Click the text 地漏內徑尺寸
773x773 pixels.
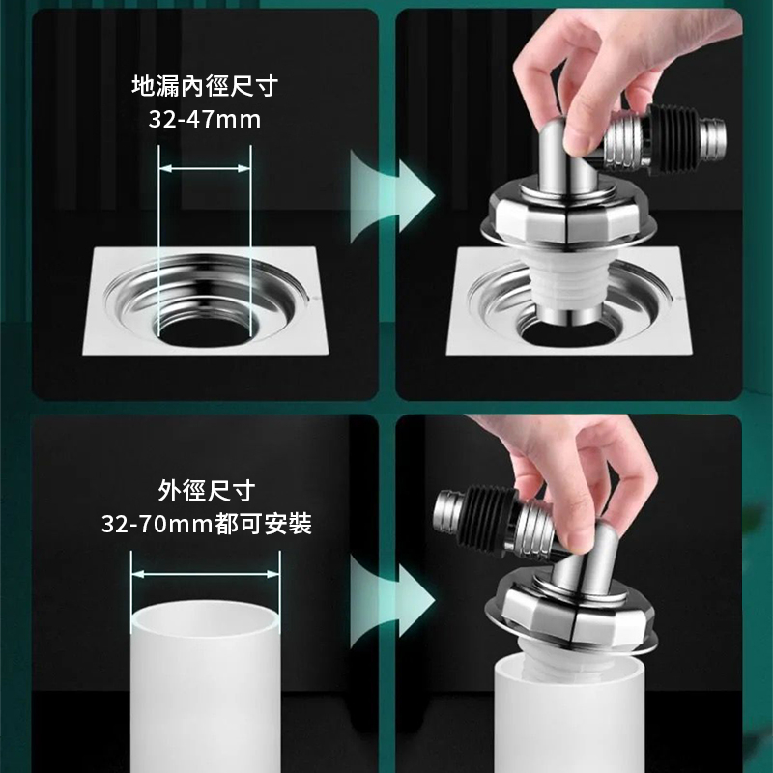point(205,85)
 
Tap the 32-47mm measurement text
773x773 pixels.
point(205,119)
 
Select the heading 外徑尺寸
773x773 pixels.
point(207,490)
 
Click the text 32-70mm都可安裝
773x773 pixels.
point(207,523)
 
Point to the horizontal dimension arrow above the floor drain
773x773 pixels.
point(205,168)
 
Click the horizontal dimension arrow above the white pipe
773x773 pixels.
point(205,574)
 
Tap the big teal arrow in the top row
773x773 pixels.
point(392,196)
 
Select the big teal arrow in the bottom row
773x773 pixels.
point(392,601)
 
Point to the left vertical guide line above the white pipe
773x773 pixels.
point(131,592)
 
